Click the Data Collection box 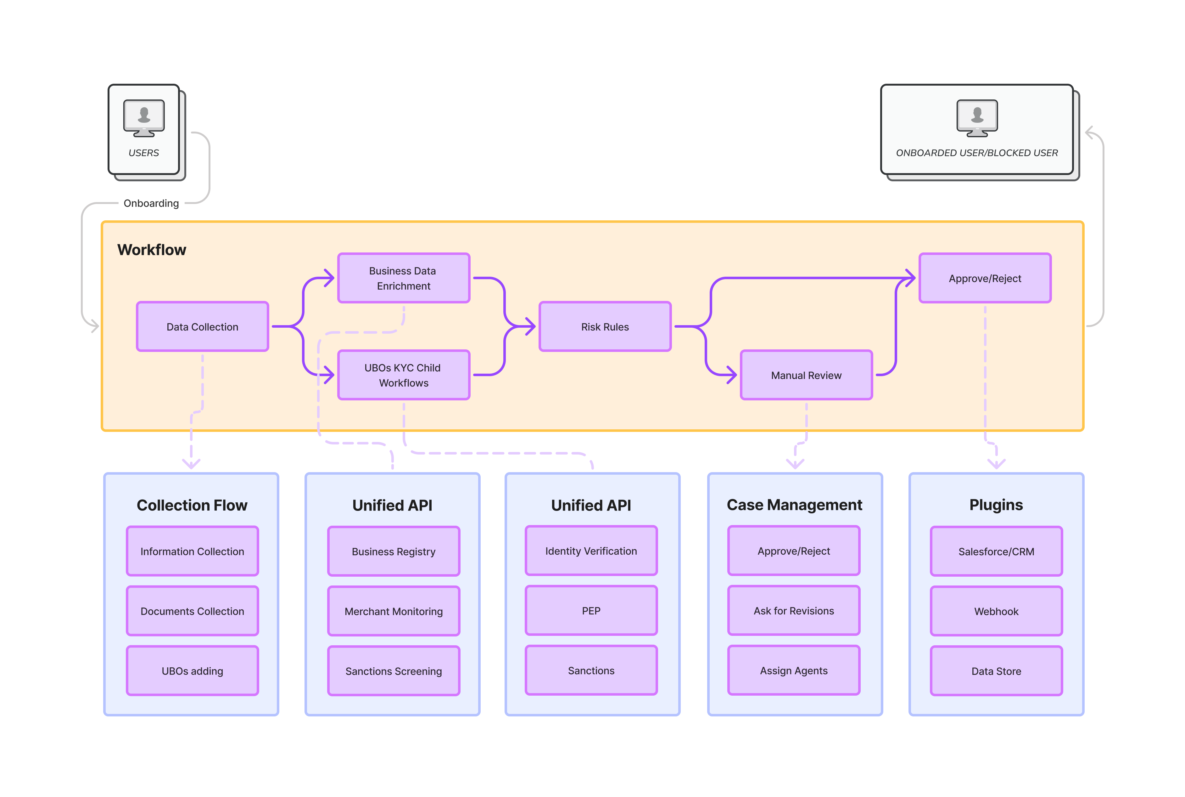(x=202, y=326)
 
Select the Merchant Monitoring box (x=393, y=611)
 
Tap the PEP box (x=591, y=610)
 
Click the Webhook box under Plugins (x=996, y=611)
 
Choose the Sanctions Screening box (x=393, y=671)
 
